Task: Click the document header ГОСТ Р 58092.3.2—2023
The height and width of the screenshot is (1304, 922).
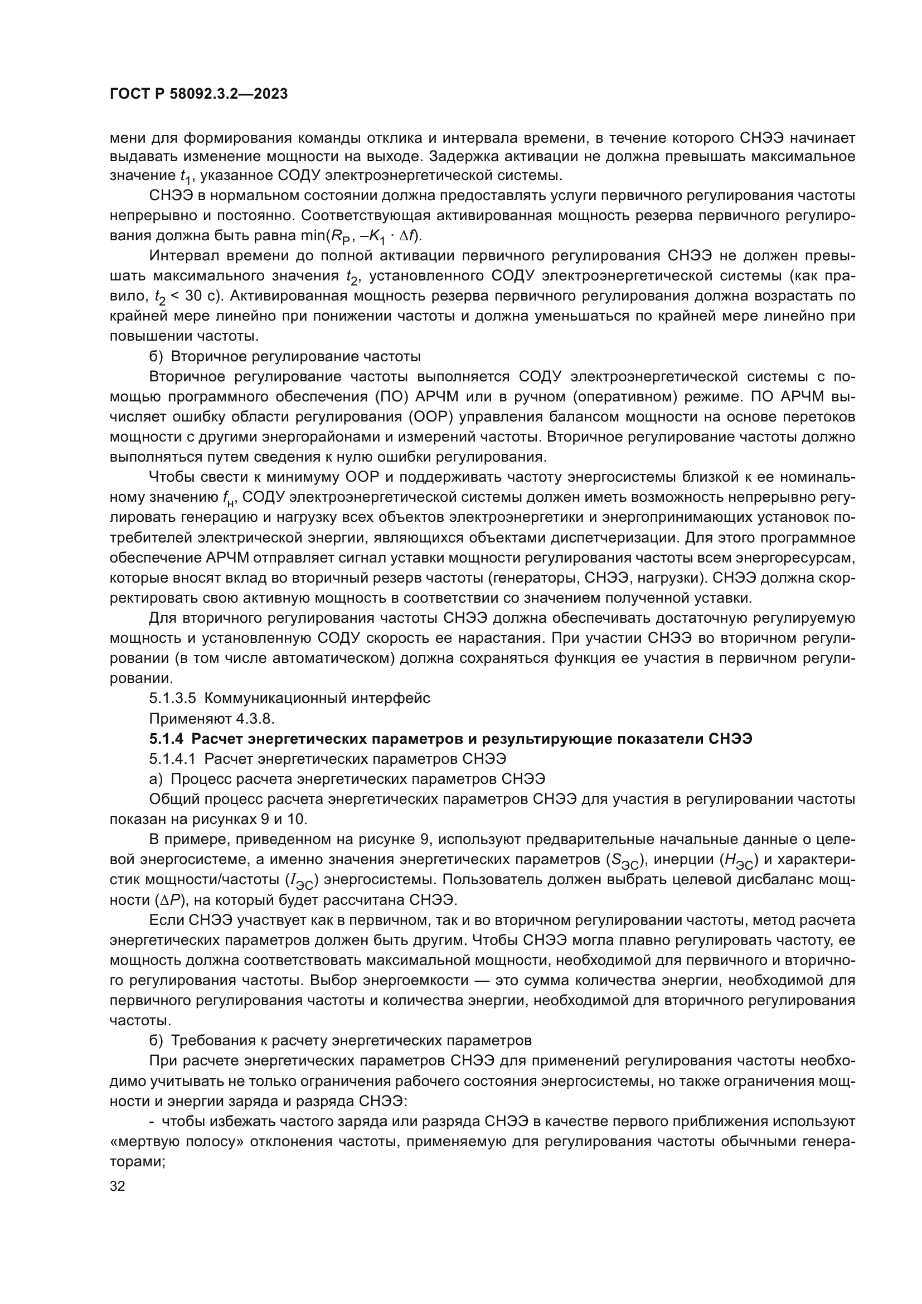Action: tap(198, 94)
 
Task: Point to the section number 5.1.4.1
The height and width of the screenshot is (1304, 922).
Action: tap(173, 759)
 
